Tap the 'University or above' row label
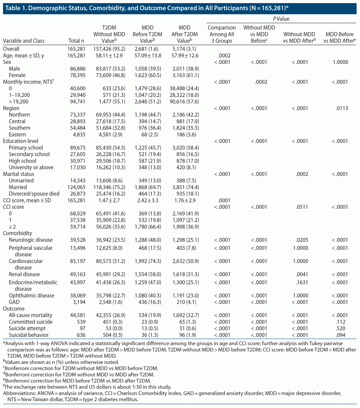pos(31,167)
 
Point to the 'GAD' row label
pos(14,302)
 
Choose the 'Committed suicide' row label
pos(31,322)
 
